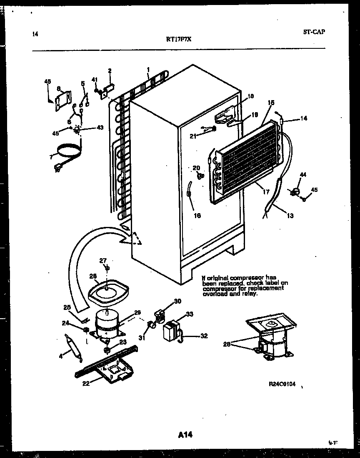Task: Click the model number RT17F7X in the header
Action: click(179, 40)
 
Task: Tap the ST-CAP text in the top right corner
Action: click(312, 32)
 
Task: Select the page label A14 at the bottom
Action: click(185, 435)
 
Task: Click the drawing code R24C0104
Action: click(282, 384)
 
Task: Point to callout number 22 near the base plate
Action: click(86, 384)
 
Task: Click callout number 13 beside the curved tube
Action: click(290, 216)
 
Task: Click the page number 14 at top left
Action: click(35, 34)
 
